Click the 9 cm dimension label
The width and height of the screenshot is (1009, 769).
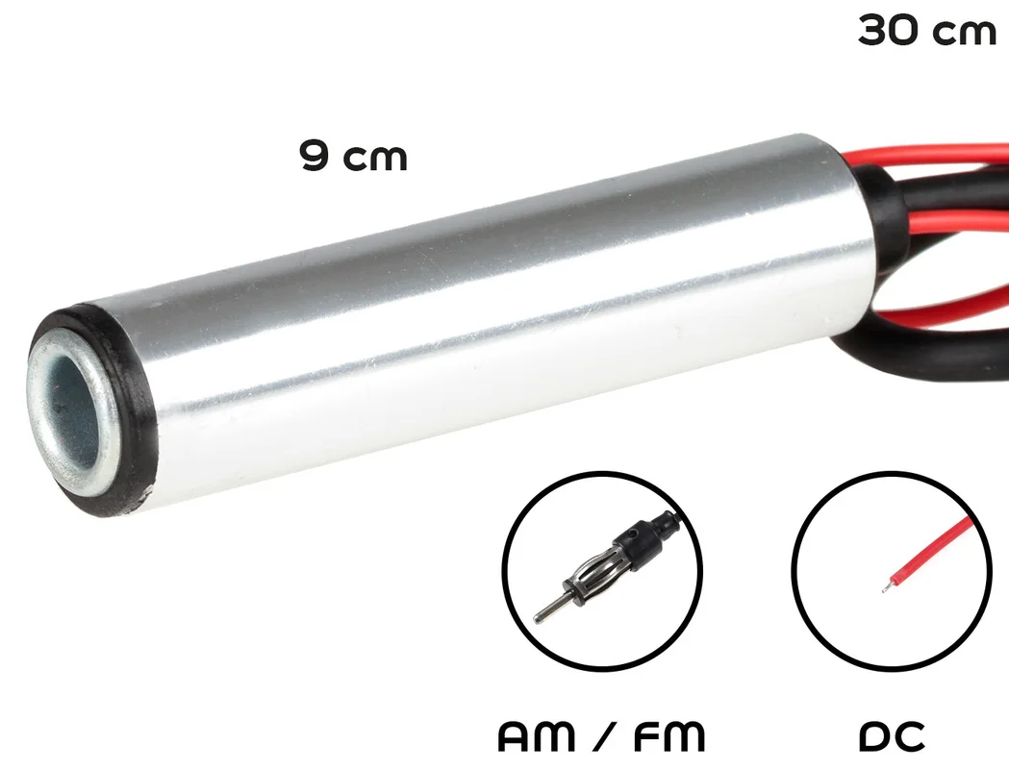[x=353, y=157]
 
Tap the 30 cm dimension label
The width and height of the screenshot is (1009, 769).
[x=926, y=31]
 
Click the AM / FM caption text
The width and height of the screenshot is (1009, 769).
[x=602, y=736]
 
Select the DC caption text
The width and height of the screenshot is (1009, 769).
[x=892, y=736]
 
